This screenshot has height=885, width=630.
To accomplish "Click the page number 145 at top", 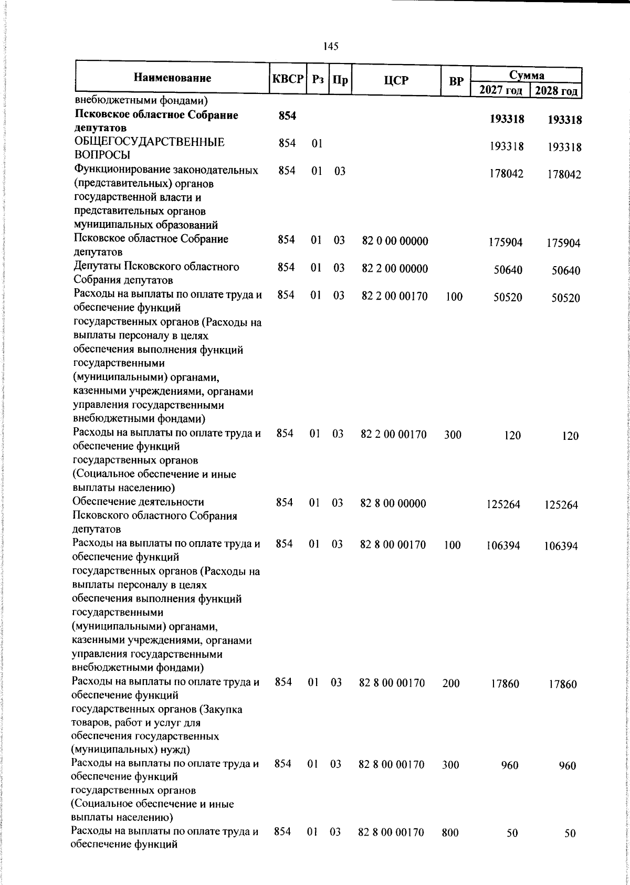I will (331, 47).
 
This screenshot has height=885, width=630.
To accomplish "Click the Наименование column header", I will (173, 79).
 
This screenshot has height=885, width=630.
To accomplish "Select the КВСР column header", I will (288, 80).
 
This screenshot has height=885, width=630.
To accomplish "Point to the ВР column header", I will (456, 81).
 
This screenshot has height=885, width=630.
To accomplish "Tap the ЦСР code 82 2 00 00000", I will (395, 269).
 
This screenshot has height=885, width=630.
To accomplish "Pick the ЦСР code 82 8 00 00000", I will (393, 503).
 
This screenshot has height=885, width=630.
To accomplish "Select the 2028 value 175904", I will (562, 244).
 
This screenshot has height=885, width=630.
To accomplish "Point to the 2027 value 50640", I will (508, 271).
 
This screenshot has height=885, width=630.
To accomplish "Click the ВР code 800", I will (450, 833).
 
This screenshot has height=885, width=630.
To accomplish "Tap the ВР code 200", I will (451, 683).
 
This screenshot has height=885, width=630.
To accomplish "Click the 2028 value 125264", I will (561, 505).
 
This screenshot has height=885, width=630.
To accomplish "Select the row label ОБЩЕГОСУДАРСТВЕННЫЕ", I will (150, 142).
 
